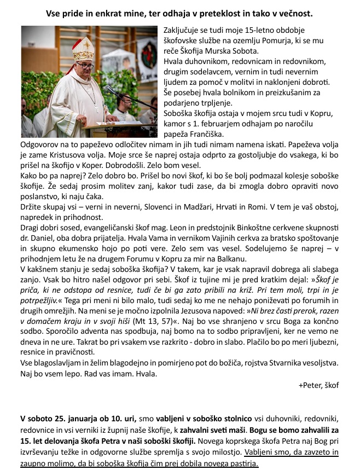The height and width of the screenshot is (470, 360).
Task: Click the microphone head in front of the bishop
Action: coord(107,89)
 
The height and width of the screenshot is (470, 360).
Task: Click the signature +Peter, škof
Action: coord(318,385)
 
